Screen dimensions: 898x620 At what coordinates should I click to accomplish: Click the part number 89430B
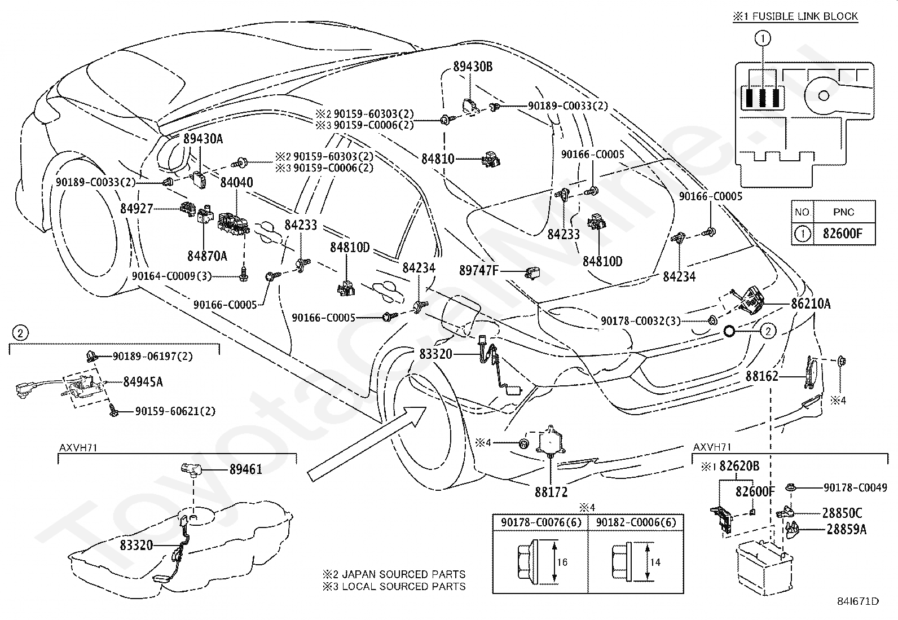473,67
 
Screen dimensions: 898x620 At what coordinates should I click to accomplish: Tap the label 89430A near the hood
203,139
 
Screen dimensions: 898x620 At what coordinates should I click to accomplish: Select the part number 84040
236,182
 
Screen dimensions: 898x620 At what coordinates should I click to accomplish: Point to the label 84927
137,209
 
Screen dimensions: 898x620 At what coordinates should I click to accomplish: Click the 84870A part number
207,256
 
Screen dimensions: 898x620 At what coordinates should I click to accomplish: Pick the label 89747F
479,271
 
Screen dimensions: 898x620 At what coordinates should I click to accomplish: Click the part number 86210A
811,304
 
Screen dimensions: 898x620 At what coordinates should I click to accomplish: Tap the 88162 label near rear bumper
761,376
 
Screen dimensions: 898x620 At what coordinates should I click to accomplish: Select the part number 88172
551,492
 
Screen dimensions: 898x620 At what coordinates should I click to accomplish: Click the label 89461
246,469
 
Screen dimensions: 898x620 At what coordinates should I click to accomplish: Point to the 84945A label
143,382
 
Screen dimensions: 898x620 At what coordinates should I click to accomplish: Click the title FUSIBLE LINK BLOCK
805,16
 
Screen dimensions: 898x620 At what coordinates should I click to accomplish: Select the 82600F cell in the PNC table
842,234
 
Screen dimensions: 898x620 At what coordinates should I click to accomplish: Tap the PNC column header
843,212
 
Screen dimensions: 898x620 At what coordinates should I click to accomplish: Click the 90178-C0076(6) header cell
541,522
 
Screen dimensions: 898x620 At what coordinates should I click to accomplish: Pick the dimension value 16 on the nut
562,562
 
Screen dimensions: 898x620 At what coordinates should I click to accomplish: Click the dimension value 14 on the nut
655,562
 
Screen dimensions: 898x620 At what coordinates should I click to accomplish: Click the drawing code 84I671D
858,601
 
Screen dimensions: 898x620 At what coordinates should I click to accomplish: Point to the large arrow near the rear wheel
367,443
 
